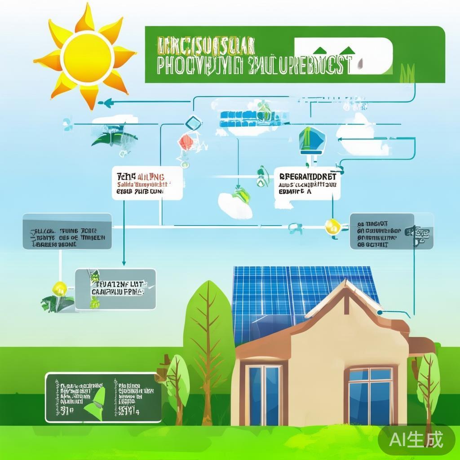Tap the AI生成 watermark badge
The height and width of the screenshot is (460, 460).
[x=416, y=439]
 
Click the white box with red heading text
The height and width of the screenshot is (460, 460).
[x=146, y=183]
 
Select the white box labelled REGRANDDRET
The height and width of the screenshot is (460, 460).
[x=307, y=183]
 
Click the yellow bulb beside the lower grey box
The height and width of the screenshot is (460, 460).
[x=60, y=287]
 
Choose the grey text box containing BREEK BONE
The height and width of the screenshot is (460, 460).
[x=67, y=231]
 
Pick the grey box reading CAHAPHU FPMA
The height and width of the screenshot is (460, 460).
[x=115, y=288]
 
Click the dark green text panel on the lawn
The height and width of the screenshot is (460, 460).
[x=103, y=397]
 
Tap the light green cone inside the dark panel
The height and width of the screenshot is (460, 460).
[x=98, y=403]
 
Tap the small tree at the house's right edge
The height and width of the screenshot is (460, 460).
[x=428, y=382]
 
